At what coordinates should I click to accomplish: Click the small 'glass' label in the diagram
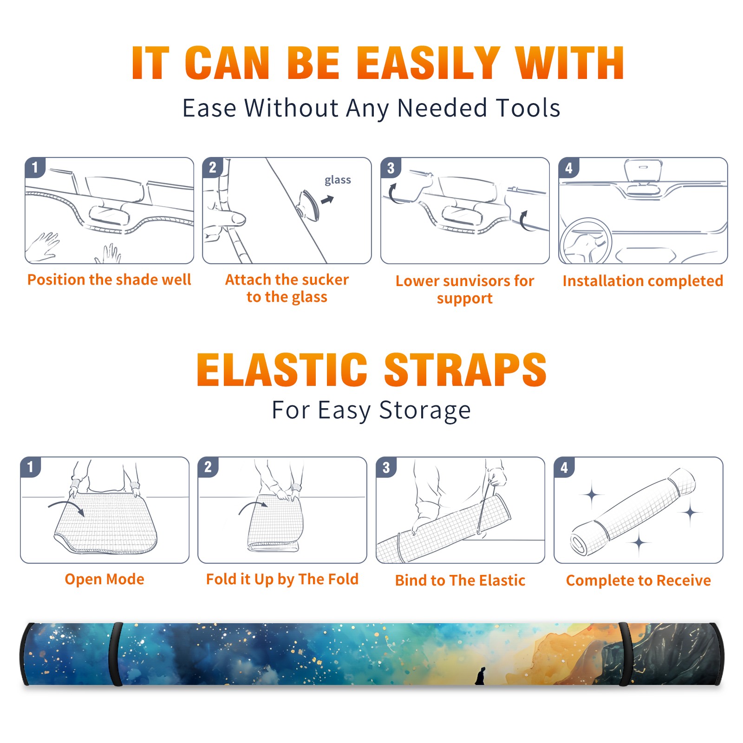point(338,180)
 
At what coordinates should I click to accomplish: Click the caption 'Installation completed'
point(643,281)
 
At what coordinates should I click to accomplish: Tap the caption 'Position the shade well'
point(109,280)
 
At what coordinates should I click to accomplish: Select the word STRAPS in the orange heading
point(465,370)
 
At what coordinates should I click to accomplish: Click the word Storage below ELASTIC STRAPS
point(425,411)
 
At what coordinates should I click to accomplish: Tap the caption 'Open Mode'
point(104,579)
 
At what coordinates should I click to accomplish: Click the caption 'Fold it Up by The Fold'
point(282,580)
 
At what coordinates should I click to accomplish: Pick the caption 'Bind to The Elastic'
point(460,580)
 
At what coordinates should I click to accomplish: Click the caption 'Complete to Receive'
point(639,580)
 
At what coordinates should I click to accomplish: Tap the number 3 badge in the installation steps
point(391,168)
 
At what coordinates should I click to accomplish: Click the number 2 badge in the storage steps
point(208,467)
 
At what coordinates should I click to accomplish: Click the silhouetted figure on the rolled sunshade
point(480,676)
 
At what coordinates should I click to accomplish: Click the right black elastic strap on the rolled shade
point(625,654)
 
